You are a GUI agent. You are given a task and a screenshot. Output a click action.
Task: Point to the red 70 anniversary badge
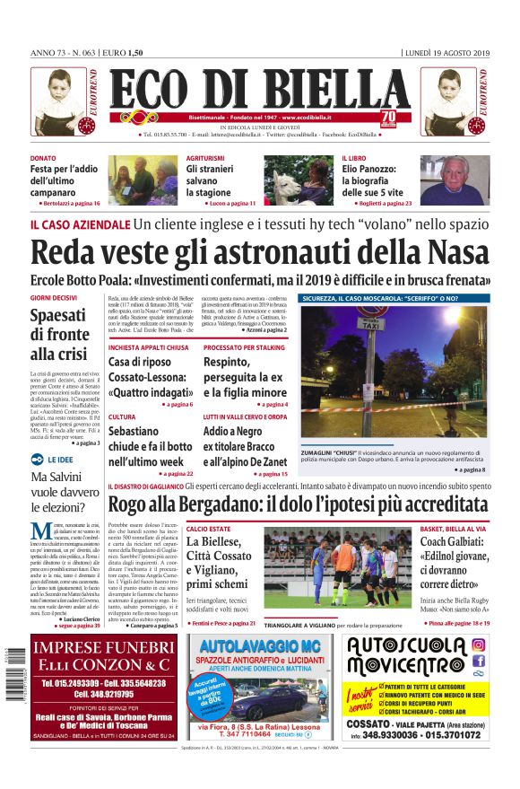(x=388, y=117)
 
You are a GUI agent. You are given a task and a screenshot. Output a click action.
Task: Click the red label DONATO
(x=44, y=158)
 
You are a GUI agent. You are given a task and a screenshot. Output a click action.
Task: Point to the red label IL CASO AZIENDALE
(x=79, y=224)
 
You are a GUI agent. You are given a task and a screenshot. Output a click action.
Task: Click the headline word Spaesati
(x=58, y=316)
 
